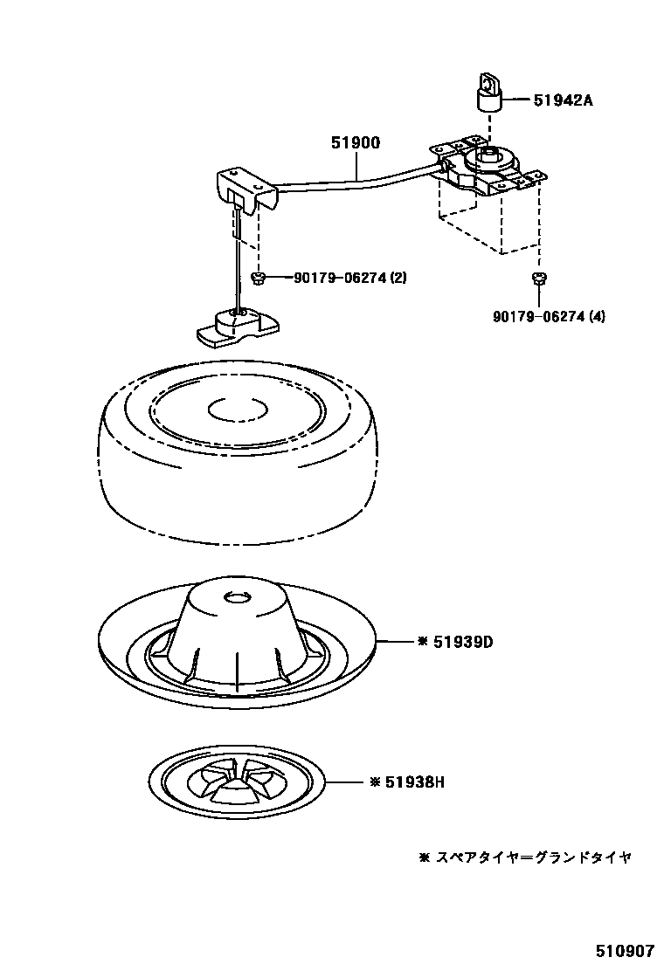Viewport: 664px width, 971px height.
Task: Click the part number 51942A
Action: pyautogui.click(x=563, y=100)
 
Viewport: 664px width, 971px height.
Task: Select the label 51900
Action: pyautogui.click(x=355, y=144)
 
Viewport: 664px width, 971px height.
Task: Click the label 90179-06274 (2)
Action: pyautogui.click(x=349, y=279)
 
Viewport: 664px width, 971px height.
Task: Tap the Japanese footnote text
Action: pyautogui.click(x=524, y=857)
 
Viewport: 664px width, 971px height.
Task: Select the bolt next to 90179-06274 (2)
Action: pyautogui.click(x=259, y=278)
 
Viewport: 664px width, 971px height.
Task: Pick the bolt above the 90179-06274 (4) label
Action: pyautogui.click(x=538, y=279)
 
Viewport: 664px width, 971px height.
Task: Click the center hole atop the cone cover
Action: pyautogui.click(x=237, y=596)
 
